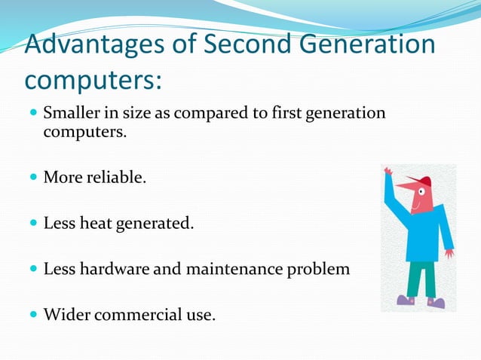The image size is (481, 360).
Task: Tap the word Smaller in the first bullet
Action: [72, 114]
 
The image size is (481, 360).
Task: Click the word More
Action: [61, 178]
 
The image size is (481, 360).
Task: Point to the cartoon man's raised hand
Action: [388, 172]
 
